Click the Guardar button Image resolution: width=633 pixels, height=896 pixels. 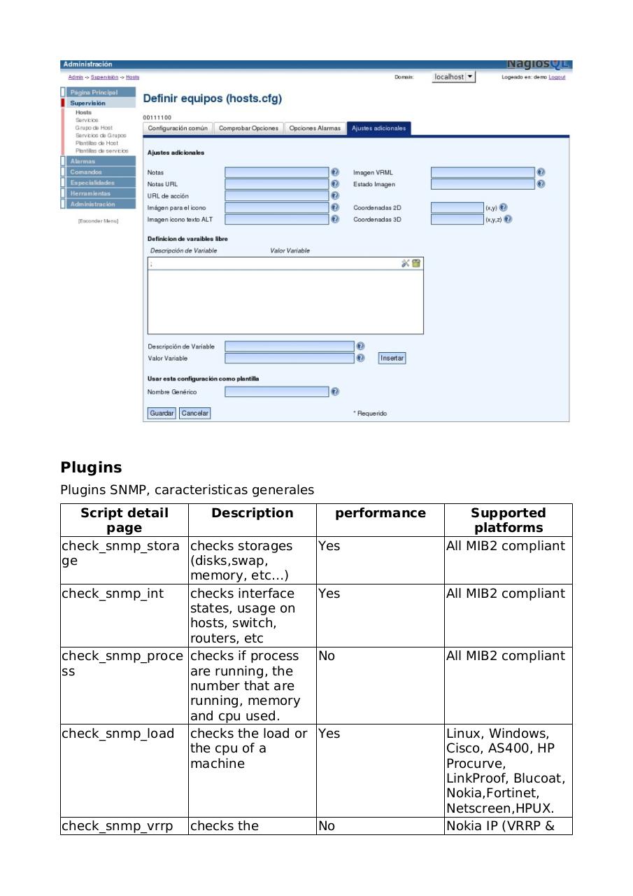pos(162,413)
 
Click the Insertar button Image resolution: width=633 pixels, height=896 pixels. pos(392,358)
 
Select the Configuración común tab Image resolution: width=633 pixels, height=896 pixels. pos(178,128)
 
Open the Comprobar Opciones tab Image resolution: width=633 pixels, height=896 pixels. pos(248,128)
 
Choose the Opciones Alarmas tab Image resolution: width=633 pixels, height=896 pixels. pos(315,128)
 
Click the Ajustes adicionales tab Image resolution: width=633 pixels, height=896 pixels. pos(378,128)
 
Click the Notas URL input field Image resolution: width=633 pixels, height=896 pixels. pos(276,184)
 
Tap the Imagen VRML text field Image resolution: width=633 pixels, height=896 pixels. pos(483,172)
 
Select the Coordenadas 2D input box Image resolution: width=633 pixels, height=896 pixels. pos(456,207)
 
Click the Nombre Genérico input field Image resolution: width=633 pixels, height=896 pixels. pos(276,392)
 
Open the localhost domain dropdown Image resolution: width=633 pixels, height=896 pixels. pos(454,77)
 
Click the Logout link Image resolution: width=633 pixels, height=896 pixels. pos(557,77)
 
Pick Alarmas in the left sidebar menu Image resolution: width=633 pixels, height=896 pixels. pos(83,161)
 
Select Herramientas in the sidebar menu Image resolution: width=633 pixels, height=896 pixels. pos(90,193)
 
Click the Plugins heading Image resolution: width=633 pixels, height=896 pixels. pos(91,468)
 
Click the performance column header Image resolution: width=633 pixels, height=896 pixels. pos(380,513)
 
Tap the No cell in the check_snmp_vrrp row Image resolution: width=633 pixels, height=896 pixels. pos(327,826)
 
